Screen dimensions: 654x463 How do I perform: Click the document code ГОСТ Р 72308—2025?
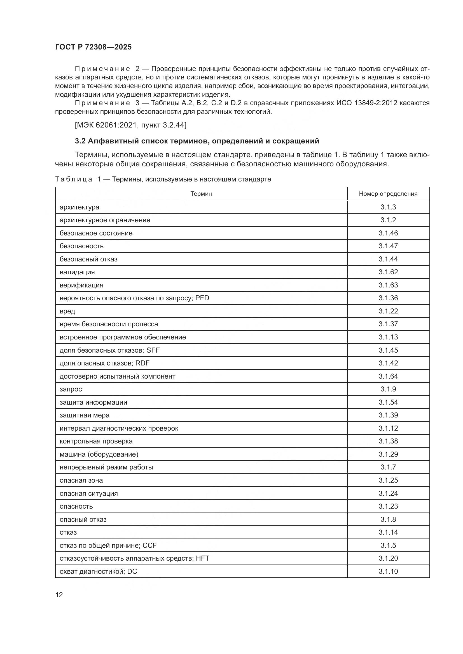tap(93, 47)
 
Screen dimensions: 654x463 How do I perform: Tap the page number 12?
tap(59, 595)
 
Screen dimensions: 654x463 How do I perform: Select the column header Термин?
tap(201, 194)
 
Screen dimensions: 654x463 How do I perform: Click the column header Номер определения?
tap(388, 194)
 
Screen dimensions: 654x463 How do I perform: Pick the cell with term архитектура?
tap(79, 207)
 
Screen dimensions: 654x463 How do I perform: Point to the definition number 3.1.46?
tap(388, 233)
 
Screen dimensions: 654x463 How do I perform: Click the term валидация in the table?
tap(77, 272)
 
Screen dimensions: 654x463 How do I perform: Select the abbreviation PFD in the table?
tap(202, 298)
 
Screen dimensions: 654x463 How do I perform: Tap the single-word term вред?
tap(67, 311)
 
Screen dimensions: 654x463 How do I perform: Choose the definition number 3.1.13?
tap(388, 337)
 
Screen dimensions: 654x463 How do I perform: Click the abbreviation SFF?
tap(153, 350)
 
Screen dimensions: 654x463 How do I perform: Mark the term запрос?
tap(71, 389)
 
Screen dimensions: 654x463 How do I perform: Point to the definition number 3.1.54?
tap(388, 402)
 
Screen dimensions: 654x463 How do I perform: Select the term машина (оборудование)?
tap(99, 454)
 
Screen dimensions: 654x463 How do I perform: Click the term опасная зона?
tap(81, 480)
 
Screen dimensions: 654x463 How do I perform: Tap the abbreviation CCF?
tap(150, 545)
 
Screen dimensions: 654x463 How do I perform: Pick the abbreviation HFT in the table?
tap(203, 558)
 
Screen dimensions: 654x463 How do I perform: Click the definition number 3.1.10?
tap(388, 571)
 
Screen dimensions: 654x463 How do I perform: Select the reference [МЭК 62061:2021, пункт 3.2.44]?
tap(130, 125)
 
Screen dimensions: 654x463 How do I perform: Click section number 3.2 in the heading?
tap(80, 141)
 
